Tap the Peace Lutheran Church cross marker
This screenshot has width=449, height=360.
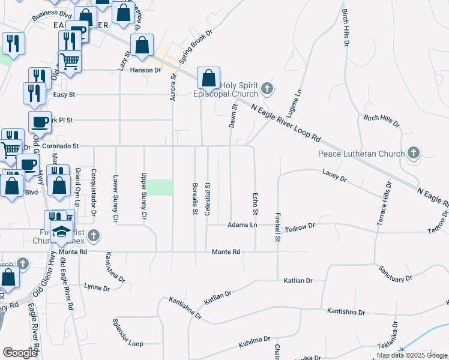point(413,154)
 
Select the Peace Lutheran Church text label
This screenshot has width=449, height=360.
point(361,154)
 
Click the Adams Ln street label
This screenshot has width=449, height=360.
point(242,225)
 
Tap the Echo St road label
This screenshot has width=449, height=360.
point(255,204)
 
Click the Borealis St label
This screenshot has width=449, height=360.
point(195,199)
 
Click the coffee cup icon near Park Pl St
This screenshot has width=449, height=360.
point(40,122)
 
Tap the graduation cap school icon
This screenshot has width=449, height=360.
point(61,231)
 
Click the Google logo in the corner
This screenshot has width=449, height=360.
point(20,353)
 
